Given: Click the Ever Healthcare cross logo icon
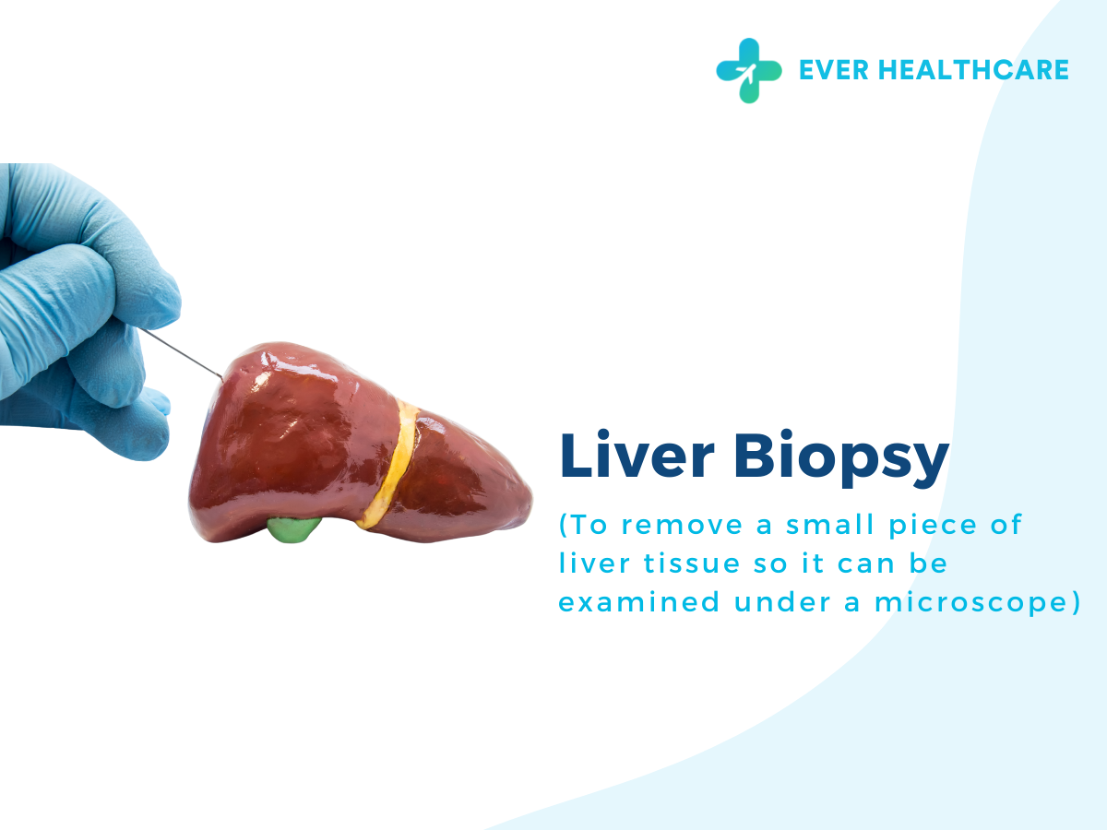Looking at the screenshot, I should (x=748, y=70).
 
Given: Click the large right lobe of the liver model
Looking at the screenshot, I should (x=286, y=433).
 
